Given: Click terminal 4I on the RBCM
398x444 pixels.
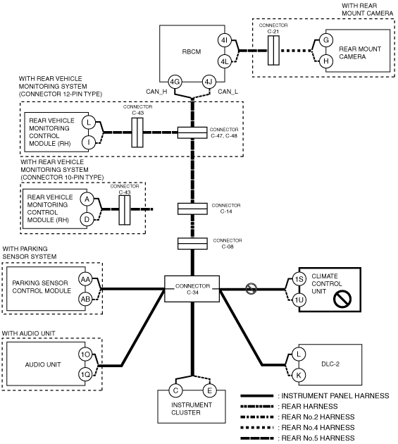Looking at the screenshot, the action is click(x=225, y=40).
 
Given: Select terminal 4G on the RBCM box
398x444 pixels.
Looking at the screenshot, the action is click(x=175, y=82).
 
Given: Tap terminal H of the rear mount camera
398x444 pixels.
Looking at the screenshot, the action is click(x=326, y=61).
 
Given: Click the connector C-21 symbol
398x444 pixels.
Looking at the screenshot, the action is click(x=273, y=51).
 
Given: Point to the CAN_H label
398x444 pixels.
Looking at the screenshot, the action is click(x=156, y=92).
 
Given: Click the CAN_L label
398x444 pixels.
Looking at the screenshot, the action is click(x=228, y=92).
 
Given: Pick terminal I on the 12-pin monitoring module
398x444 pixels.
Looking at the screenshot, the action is click(x=89, y=142).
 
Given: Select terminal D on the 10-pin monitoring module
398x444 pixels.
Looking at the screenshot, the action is click(x=87, y=219).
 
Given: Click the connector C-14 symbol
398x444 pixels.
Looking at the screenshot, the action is click(x=192, y=209).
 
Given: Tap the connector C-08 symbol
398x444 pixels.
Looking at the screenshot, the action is click(x=192, y=244).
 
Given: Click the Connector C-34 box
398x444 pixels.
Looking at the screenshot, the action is click(x=192, y=289).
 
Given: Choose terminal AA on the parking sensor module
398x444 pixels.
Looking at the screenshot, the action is click(x=85, y=280).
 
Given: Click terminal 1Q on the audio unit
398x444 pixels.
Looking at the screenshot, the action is click(x=85, y=375).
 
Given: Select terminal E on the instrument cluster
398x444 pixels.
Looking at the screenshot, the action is click(x=210, y=390).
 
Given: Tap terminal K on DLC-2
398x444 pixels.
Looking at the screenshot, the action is click(x=299, y=376).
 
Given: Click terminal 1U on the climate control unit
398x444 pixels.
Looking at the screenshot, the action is click(x=299, y=300).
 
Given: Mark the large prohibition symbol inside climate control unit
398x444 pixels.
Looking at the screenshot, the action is click(x=342, y=298).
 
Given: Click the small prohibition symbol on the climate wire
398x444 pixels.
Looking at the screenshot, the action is click(x=251, y=289).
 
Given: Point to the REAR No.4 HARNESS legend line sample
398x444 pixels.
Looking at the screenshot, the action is click(x=257, y=428).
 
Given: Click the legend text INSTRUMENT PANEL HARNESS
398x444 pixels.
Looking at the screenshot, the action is click(x=335, y=396).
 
